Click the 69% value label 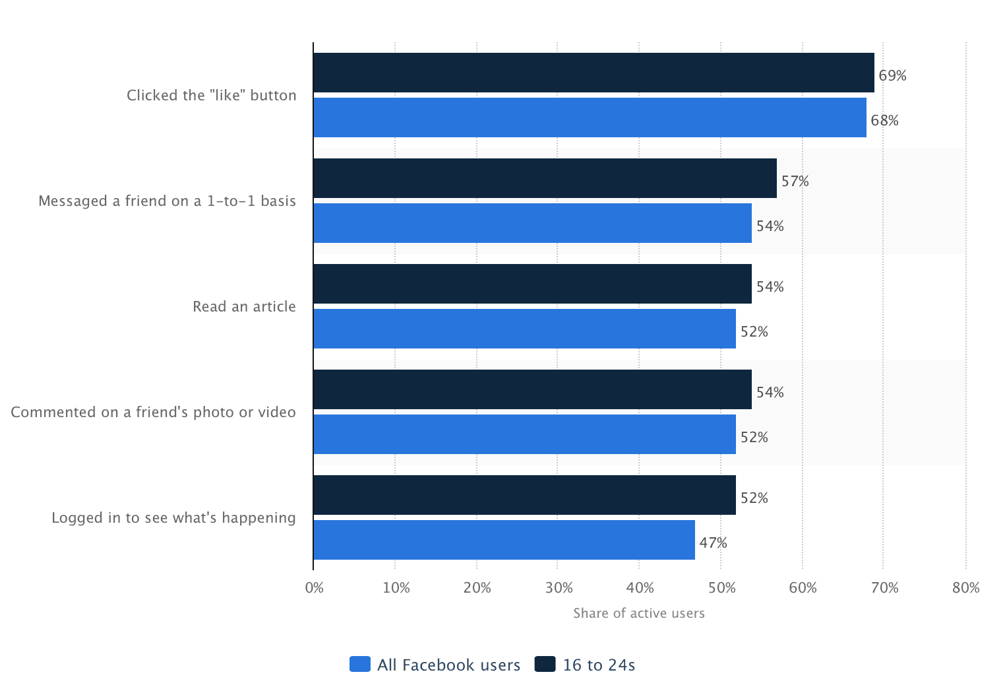click(x=892, y=76)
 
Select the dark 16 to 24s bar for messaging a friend click(x=545, y=178)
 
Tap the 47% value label click(x=713, y=543)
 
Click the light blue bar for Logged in click(x=504, y=540)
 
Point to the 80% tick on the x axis click(x=965, y=588)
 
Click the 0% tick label click(x=315, y=588)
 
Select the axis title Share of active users click(x=638, y=614)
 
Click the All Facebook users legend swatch click(x=360, y=665)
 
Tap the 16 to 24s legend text click(x=599, y=665)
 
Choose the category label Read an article click(x=244, y=307)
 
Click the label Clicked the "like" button click(x=211, y=96)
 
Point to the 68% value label click(x=884, y=121)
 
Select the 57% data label click(x=795, y=181)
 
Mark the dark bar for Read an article click(x=532, y=284)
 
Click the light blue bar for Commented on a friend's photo click(x=524, y=434)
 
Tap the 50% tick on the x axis click(x=721, y=588)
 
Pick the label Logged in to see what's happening click(x=173, y=518)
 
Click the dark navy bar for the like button click(x=594, y=73)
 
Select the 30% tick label click(x=559, y=588)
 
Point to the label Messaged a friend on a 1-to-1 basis click(x=167, y=201)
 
